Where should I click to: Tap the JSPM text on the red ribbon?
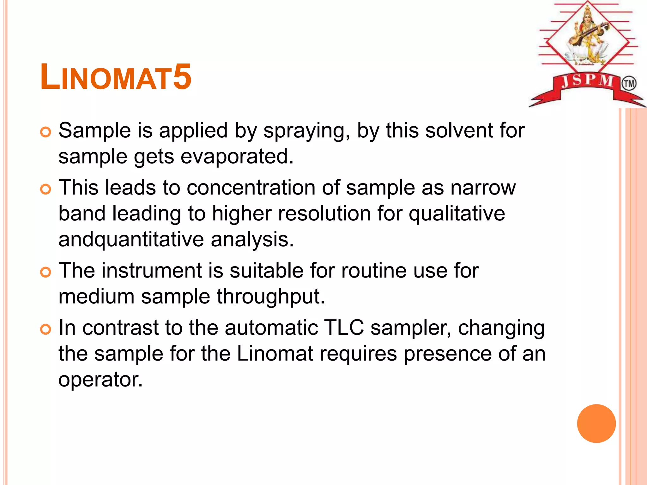tap(587, 81)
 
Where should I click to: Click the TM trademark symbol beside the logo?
tap(629, 84)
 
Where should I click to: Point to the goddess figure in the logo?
tap(588, 35)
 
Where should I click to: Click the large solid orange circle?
tap(596, 423)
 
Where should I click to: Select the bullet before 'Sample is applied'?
tap(46, 132)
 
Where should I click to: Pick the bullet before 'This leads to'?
tap(46, 189)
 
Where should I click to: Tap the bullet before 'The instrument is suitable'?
tap(46, 272)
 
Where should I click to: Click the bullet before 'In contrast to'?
tap(46, 329)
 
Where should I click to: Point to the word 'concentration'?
tap(251, 188)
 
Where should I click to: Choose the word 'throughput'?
tap(271, 296)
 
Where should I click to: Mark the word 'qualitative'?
tap(457, 213)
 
